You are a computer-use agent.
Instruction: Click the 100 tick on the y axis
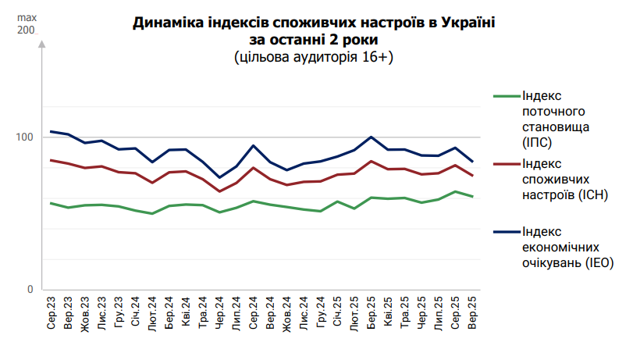(26, 137)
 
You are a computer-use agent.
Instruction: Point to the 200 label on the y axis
(26, 30)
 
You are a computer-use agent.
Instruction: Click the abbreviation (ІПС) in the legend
(539, 141)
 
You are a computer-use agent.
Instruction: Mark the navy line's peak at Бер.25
(372, 137)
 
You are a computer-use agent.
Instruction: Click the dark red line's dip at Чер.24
(220, 191)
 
